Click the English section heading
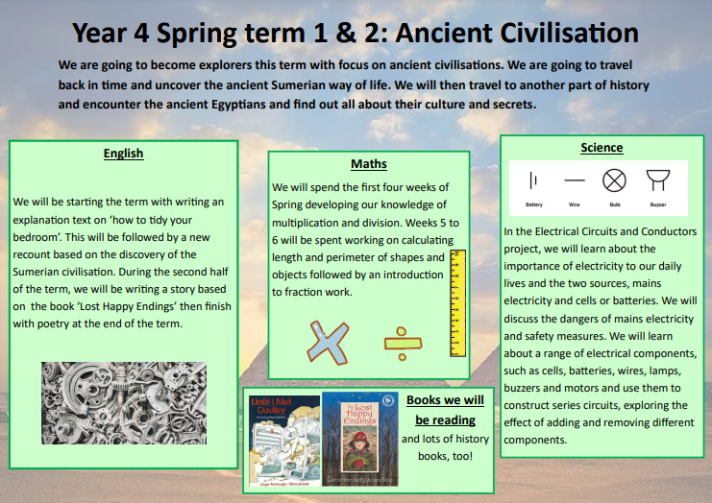coord(123,153)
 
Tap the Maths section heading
coord(369,164)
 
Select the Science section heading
coord(602,148)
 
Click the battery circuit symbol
coord(534,180)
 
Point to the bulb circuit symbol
coord(614,180)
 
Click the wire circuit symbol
coord(575,180)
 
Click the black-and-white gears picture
coord(124,403)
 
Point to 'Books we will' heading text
coord(445,399)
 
